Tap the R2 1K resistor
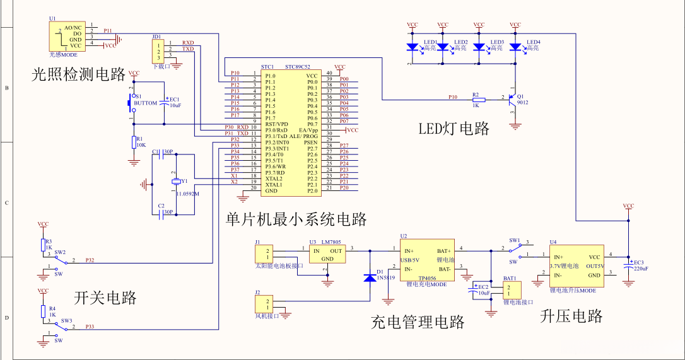coord(479,100)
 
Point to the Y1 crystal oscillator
coord(176,182)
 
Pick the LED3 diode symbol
coord(479,47)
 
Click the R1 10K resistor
coord(133,142)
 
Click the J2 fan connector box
coord(264,303)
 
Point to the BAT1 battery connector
coord(512,291)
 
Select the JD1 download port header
coord(157,50)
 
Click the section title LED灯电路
coord(454,129)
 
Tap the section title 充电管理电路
coord(418,323)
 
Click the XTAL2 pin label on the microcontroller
coord(274,178)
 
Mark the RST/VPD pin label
coord(276,124)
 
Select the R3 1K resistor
coord(43,245)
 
